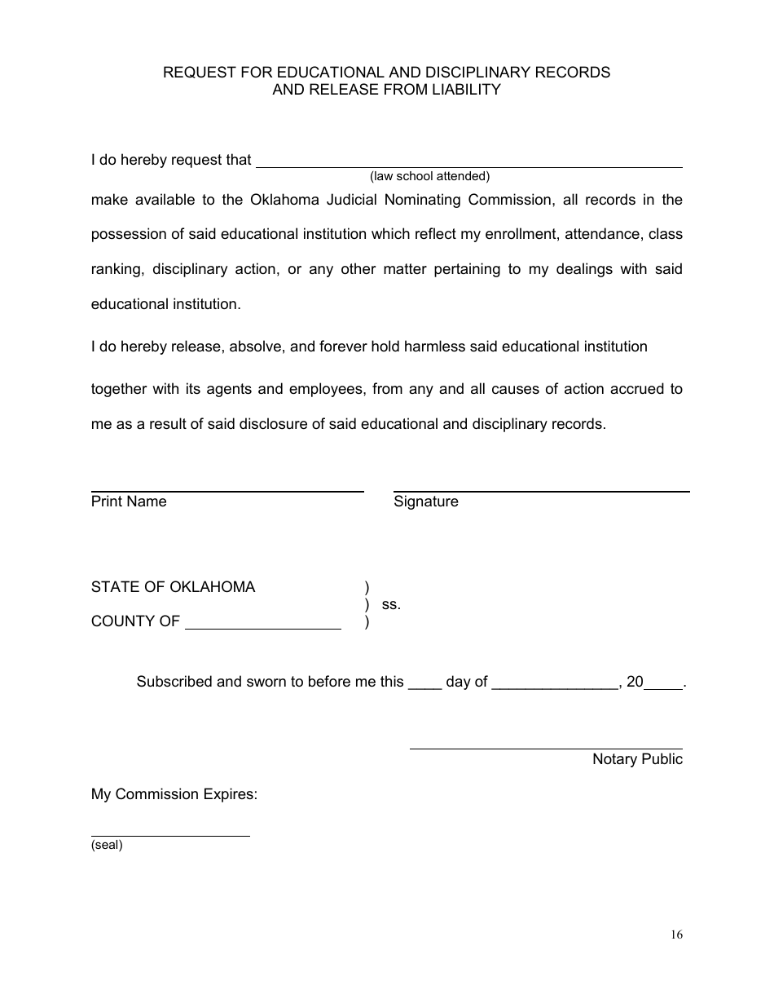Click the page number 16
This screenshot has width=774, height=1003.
click(677, 935)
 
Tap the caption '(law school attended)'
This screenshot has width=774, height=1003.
click(429, 176)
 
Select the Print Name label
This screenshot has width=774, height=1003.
click(129, 501)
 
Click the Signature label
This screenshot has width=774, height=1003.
click(426, 501)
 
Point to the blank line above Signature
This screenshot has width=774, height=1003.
click(541, 491)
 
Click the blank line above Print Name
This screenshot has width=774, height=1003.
click(227, 491)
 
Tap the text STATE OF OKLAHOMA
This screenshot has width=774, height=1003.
click(173, 587)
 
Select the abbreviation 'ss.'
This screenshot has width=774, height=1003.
click(391, 605)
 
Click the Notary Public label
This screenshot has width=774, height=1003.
click(637, 759)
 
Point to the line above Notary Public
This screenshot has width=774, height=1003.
click(546, 748)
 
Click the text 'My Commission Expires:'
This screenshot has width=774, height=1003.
click(174, 794)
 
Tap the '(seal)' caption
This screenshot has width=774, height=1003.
click(107, 846)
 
